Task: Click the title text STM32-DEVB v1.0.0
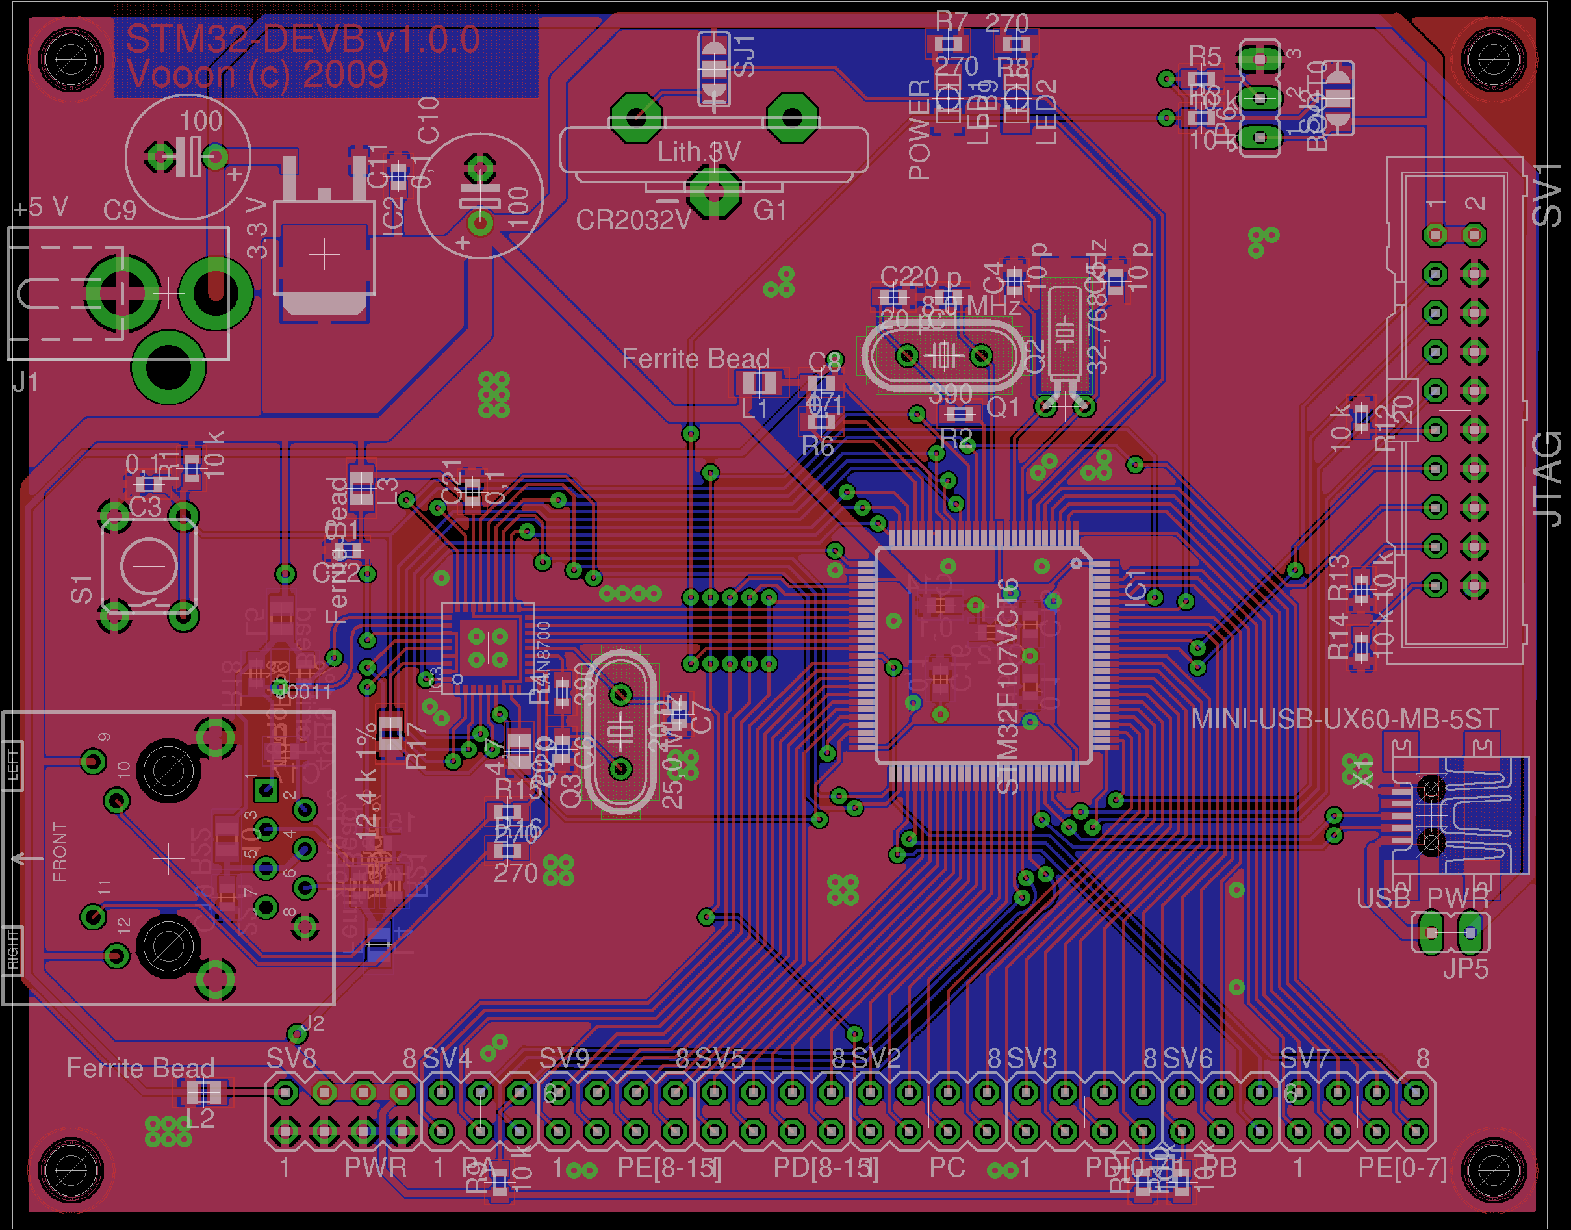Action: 302,39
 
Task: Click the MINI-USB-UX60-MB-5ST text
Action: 1344,718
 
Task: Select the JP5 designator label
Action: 1465,969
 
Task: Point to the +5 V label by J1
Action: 41,207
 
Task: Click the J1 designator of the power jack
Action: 25,381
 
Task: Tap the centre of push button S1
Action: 149,567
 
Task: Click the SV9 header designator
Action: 564,1058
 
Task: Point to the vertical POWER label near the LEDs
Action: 919,129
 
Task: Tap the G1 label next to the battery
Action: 770,211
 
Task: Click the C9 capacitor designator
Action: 120,211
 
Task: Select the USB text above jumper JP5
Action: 1383,898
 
